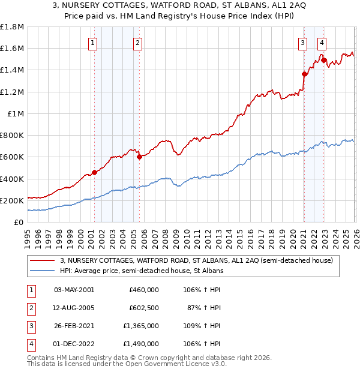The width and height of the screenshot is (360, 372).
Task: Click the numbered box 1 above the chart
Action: point(94,43)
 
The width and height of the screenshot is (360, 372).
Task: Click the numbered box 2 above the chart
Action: point(138,43)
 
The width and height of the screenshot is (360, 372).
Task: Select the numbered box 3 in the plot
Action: point(303,43)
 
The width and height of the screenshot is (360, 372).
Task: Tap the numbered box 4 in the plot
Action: point(322,43)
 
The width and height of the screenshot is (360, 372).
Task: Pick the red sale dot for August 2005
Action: point(139,157)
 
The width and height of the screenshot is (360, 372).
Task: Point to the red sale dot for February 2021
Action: point(304,74)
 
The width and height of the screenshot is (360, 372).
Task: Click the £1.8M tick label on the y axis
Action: point(12,27)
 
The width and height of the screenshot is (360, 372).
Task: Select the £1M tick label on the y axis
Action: point(15,113)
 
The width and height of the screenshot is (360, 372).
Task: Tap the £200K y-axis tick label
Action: point(12,200)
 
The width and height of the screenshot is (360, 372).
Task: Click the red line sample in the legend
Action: point(43,260)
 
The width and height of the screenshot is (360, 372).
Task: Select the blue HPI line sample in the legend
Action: point(43,271)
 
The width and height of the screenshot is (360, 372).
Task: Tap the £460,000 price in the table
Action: point(144,290)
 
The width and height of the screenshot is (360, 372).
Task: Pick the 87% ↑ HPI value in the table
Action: point(205,308)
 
